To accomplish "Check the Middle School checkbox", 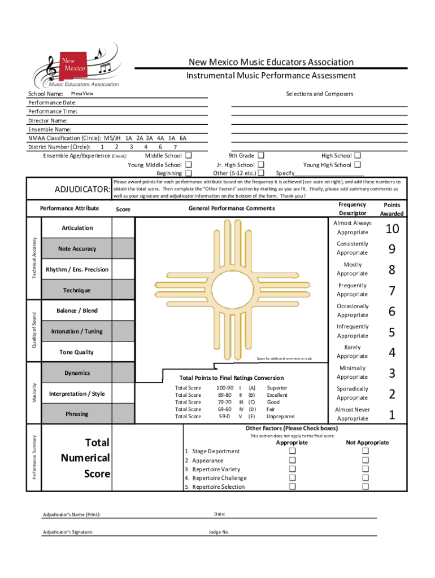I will pos(189,156).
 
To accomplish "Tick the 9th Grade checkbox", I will pos(261,156).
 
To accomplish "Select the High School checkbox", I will pos(358,156).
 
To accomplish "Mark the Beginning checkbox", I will pos(189,173).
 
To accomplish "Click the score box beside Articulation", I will pos(123,228).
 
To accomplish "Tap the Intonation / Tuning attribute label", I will pos(77,331).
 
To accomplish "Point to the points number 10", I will pos(392,229).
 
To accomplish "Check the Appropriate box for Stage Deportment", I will pos(293,451).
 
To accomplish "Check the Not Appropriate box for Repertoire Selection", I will pos(366,486).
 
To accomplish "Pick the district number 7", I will pos(175,147).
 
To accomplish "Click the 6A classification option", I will pos(182,138).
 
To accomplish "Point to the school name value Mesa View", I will pos(82,93).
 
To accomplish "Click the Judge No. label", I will pos(219,532).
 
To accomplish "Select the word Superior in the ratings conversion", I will pos(277,388).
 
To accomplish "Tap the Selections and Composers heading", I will pos(320,94).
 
